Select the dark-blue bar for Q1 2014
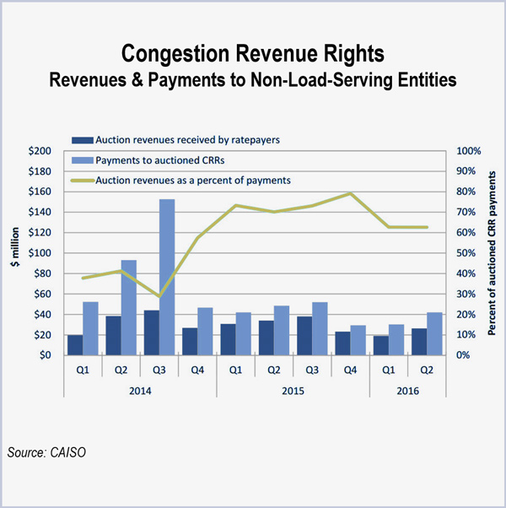coord(75,344)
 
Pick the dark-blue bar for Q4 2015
coord(342,343)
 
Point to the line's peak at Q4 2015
coord(349,193)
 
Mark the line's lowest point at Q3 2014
coord(158,296)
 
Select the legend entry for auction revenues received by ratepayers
coord(164,139)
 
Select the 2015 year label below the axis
coord(292,391)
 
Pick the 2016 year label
coord(406,391)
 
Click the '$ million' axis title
coord(14,252)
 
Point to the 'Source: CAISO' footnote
coord(49,453)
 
